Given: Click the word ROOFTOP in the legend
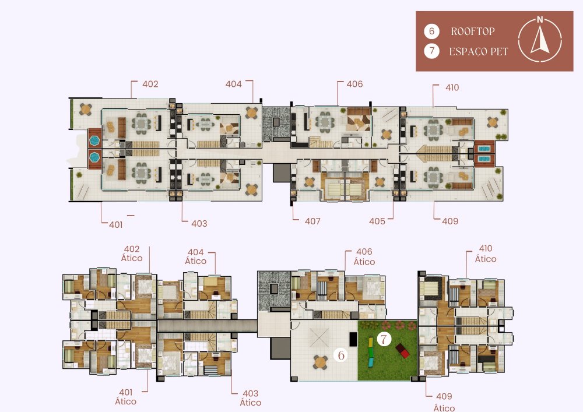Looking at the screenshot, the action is point(473,31).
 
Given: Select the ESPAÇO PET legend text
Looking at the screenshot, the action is point(479,51).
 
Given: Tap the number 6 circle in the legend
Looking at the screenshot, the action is point(431,31).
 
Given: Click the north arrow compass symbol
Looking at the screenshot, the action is point(540,40).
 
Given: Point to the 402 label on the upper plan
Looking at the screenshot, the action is point(150,84).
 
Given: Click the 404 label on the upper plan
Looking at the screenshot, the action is point(234,84).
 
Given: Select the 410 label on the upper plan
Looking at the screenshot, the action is point(452,87).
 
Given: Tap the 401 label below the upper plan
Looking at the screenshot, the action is point(115,225).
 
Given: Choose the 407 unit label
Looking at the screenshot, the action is point(312,221).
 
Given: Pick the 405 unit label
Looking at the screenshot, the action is point(377,221).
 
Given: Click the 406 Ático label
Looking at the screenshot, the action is point(364,257).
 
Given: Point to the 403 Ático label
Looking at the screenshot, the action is point(250,398).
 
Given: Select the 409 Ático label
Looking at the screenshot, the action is point(444,402).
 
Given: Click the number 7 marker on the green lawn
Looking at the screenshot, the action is point(384,339).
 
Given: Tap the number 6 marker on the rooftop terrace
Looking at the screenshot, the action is point(340,355).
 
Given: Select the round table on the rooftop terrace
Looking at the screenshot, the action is point(320,362).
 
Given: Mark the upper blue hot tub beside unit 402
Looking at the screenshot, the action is point(94,141).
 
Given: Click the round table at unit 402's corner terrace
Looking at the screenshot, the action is point(86,109).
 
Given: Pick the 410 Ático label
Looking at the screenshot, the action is point(486,253).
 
